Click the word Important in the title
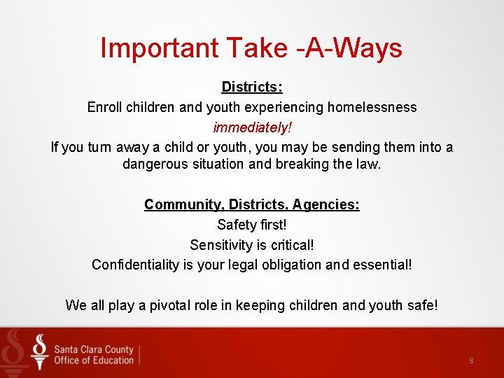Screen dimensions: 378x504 click(160, 48)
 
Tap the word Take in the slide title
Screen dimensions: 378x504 click(256, 48)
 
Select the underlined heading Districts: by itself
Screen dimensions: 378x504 click(252, 87)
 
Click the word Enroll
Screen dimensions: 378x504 click(104, 107)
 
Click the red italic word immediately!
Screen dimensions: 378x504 click(252, 127)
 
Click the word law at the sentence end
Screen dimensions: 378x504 click(370, 164)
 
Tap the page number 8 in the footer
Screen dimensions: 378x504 click(471, 360)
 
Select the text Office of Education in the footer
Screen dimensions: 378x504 click(94, 360)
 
